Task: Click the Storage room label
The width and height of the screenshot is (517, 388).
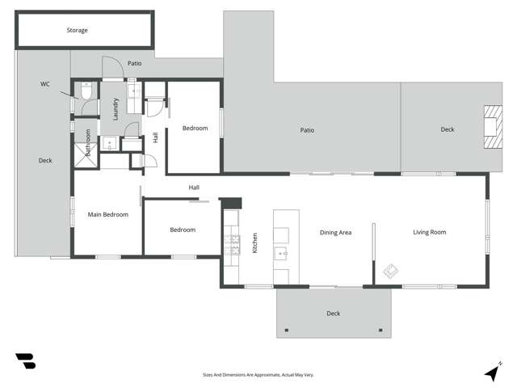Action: pos(78,31)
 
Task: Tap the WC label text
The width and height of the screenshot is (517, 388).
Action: pos(45,83)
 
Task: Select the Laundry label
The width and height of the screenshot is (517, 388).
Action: pos(116,109)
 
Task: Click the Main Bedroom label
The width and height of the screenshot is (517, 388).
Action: pos(107,214)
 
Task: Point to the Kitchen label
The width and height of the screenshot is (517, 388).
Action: pos(254,242)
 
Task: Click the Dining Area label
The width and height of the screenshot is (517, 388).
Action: pos(335,233)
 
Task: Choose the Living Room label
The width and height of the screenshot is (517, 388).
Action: pos(430,233)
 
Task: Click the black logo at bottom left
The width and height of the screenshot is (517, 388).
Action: pos(25,361)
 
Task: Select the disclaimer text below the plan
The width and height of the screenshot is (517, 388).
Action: pos(258,375)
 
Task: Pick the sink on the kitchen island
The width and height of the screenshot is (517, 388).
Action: pos(283,252)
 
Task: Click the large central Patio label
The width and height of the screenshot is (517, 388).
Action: pos(307,130)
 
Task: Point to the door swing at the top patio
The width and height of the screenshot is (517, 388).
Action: pos(111,67)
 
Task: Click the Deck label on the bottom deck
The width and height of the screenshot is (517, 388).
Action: pos(333,314)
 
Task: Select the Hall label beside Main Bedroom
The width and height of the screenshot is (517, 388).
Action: pos(194,188)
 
